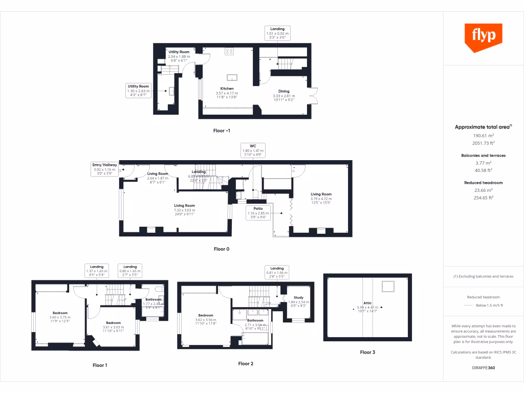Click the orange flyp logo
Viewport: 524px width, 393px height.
pyautogui.click(x=483, y=36)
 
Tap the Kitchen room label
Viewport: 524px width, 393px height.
pyautogui.click(x=227, y=89)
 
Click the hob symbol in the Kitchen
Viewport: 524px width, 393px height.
pyautogui.click(x=229, y=51)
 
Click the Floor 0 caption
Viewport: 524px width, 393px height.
pyautogui.click(x=222, y=249)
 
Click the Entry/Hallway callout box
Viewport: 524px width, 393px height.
pyautogui.click(x=104, y=169)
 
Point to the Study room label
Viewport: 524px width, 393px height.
pyautogui.click(x=298, y=297)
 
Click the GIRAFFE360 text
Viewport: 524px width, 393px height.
pyautogui.click(x=484, y=367)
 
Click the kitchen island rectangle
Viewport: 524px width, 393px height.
pyautogui.click(x=232, y=78)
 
